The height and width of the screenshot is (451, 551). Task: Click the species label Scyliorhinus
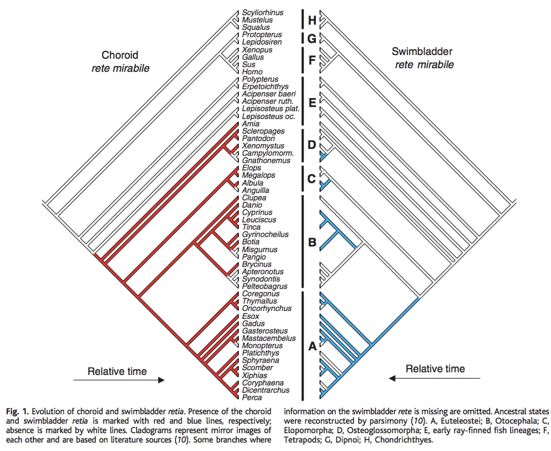click(x=263, y=12)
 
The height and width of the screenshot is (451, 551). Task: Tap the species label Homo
click(x=252, y=72)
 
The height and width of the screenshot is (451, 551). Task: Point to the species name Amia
click(x=251, y=124)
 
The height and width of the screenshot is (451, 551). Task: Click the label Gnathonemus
click(x=266, y=161)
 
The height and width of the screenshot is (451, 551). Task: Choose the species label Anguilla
click(x=256, y=191)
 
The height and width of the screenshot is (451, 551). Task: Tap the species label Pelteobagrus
click(x=265, y=287)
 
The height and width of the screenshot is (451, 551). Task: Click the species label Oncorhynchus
click(x=267, y=309)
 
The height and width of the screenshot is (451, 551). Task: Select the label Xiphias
click(x=255, y=376)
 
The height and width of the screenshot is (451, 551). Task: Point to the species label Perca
click(x=252, y=398)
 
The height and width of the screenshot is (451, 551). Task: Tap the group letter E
click(x=312, y=101)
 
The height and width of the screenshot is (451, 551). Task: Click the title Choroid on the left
click(x=119, y=55)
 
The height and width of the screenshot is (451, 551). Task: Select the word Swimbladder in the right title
click(x=422, y=52)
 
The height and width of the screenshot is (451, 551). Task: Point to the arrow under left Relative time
click(x=118, y=380)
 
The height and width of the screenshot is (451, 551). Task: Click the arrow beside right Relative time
click(x=435, y=378)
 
